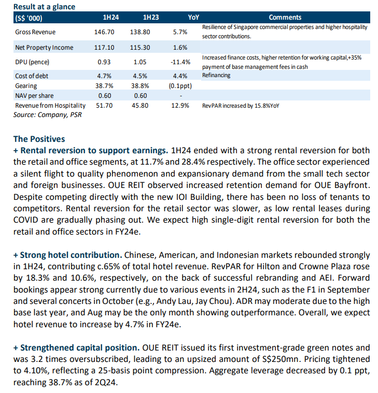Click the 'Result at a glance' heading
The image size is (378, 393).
(x=44, y=7)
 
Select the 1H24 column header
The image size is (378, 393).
(x=110, y=17)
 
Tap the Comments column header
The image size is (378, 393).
(x=285, y=17)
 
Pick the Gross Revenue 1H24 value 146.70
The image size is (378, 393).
(x=104, y=32)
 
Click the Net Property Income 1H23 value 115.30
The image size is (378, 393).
(x=140, y=47)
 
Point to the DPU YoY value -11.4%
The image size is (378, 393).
(x=180, y=62)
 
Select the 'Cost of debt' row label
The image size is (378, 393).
(x=32, y=76)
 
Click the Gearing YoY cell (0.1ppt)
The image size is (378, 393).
(x=180, y=86)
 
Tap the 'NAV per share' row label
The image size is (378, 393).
(x=34, y=96)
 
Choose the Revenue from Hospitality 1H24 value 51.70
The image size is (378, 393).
(x=104, y=106)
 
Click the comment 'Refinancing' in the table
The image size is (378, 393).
(x=216, y=75)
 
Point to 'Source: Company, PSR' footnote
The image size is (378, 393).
(x=47, y=115)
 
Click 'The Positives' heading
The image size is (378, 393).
(x=39, y=139)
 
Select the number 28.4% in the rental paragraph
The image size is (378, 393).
(x=193, y=162)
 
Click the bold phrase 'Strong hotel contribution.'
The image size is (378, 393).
(x=71, y=255)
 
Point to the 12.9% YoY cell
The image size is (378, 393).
(x=180, y=106)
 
